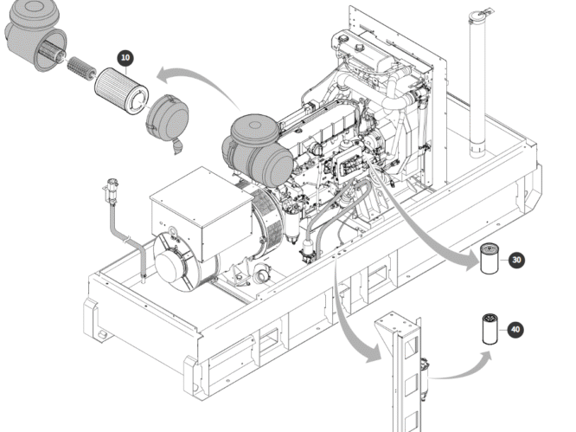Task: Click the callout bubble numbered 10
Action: pos(126,58)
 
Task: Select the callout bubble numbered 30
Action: pos(517,259)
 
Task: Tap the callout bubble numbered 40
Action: pos(515,330)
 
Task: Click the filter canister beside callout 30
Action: pos(490,258)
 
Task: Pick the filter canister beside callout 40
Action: pos(489,331)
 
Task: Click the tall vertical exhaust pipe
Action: pos(477,87)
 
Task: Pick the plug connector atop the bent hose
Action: pos(111,188)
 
